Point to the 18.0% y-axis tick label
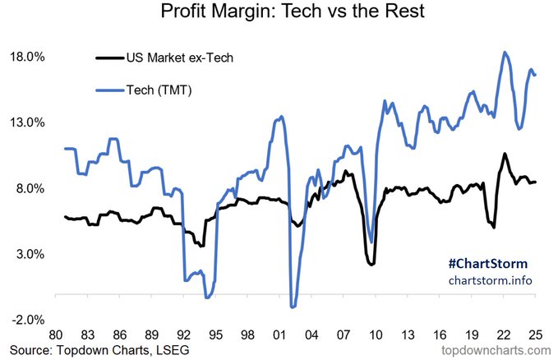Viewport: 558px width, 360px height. pyautogui.click(x=25, y=58)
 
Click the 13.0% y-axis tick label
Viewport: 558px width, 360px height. pyautogui.click(x=25, y=123)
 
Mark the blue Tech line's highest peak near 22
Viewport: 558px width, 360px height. pyautogui.click(x=505, y=53)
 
